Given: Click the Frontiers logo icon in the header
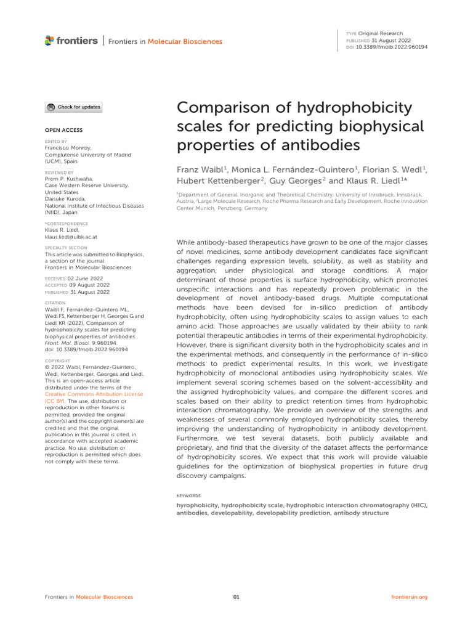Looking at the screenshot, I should click(49, 41).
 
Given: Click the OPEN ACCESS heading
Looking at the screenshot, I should click(63, 130).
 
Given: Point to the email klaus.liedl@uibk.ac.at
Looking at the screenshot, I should click(71, 237).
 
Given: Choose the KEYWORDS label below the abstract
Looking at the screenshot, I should click(188, 495).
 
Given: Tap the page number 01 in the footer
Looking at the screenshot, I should click(236, 597).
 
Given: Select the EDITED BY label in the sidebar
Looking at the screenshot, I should click(56, 142).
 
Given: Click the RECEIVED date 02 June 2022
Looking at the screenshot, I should click(84, 279).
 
